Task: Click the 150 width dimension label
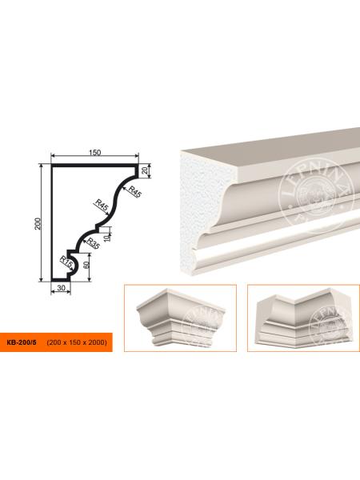(x=95, y=153)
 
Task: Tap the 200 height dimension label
(x=38, y=223)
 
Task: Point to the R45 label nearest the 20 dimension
(x=135, y=192)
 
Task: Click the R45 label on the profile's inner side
(x=102, y=205)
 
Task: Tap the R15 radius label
(x=66, y=262)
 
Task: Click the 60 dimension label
(x=86, y=266)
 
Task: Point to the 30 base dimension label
(x=62, y=288)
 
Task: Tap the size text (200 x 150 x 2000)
(x=77, y=342)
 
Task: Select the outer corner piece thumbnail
(x=180, y=318)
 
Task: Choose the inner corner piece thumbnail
(x=304, y=318)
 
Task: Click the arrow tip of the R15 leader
(x=74, y=270)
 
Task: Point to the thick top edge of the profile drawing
(x=94, y=166)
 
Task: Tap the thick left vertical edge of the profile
(x=53, y=222)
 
